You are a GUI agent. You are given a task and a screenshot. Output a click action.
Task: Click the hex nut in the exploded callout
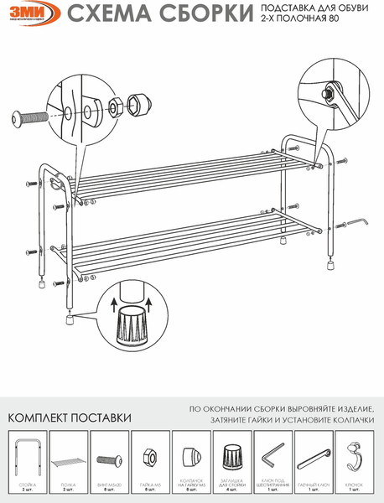pos(114,107)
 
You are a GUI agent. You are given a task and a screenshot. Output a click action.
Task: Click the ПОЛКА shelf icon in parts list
pos(69,462)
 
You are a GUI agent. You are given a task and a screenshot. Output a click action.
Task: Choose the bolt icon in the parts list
pos(110,460)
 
